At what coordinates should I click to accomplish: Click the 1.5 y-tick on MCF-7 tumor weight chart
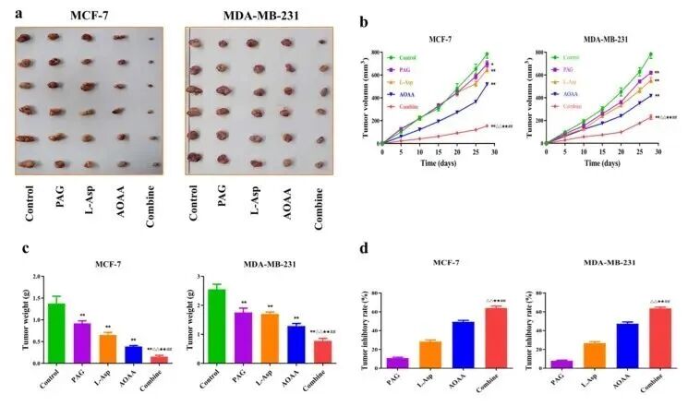click(x=37, y=298)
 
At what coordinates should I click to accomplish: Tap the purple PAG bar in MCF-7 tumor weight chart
click(x=82, y=343)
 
